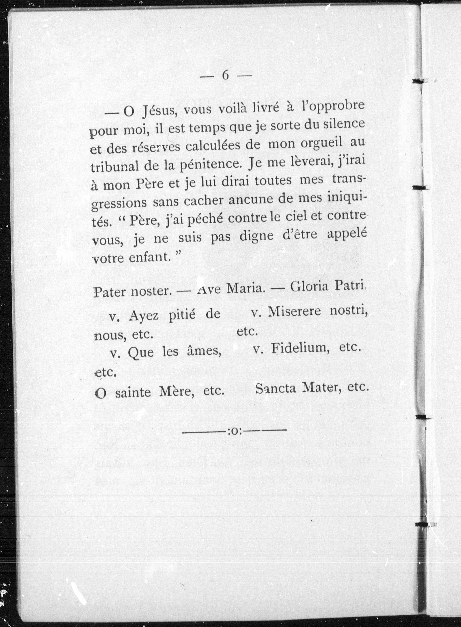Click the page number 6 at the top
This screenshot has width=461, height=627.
tap(225, 75)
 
